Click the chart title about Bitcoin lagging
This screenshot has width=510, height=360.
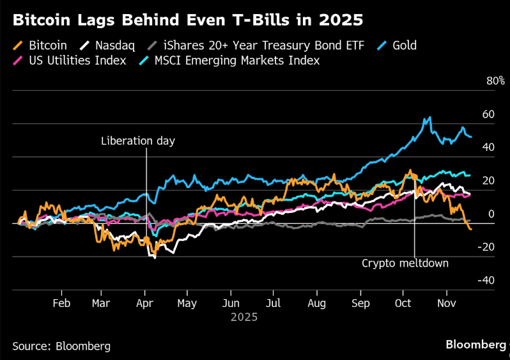pyautogui.click(x=188, y=20)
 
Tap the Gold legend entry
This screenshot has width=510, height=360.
pyautogui.click(x=404, y=45)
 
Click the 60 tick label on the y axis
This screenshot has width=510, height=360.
pyautogui.click(x=488, y=114)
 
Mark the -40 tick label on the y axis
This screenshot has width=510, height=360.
pyautogui.click(x=486, y=280)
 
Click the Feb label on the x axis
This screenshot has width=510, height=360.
pyautogui.click(x=61, y=303)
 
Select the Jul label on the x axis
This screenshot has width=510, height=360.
pyautogui.click(x=274, y=303)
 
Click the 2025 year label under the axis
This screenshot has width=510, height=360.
pyautogui.click(x=244, y=317)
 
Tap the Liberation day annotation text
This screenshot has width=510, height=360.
pyautogui.click(x=137, y=141)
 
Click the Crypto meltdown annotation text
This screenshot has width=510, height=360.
pyautogui.click(x=405, y=263)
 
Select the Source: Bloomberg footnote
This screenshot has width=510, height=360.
pyautogui.click(x=61, y=346)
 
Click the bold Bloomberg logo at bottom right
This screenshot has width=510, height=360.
pyautogui.click(x=476, y=345)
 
